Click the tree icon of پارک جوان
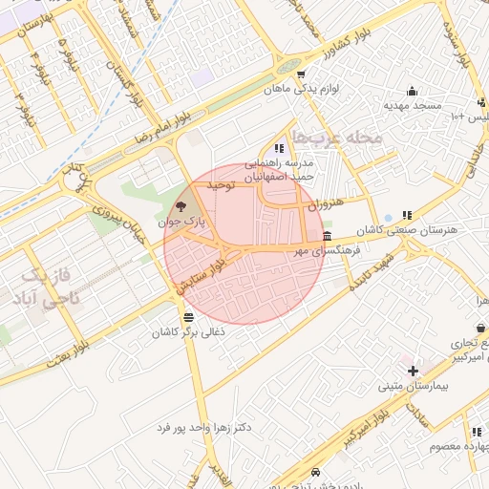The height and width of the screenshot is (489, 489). [181, 206]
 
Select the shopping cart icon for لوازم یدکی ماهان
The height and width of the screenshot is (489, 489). [302, 75]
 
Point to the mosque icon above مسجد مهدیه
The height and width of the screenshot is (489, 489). [412, 92]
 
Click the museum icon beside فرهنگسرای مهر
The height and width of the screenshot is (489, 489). [328, 236]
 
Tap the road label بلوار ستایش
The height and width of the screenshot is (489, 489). [202, 271]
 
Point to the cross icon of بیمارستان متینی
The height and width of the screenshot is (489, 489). [413, 371]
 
